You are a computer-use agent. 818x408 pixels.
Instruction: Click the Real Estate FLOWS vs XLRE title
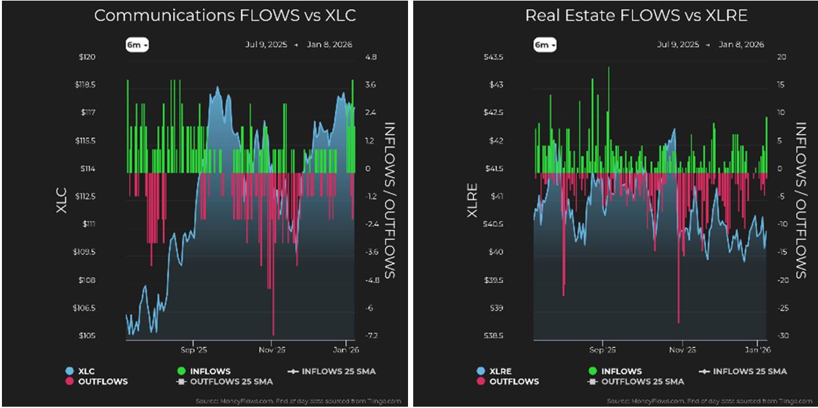pyautogui.click(x=636, y=16)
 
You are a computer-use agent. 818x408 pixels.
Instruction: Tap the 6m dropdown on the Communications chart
pyautogui.click(x=137, y=45)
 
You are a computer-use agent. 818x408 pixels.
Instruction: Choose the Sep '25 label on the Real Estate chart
pyautogui.click(x=602, y=350)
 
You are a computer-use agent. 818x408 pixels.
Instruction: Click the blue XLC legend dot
pyautogui.click(x=69, y=372)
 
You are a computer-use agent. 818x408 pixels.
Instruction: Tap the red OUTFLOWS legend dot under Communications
pyautogui.click(x=69, y=381)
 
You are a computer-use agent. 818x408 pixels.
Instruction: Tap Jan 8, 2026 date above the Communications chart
pyautogui.click(x=331, y=45)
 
